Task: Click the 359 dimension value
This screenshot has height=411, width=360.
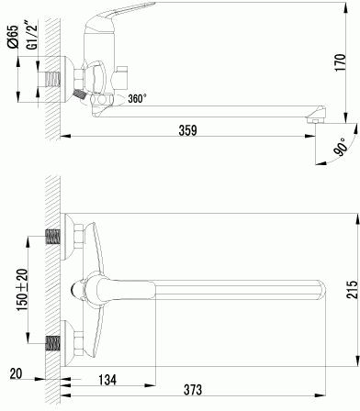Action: [187, 130]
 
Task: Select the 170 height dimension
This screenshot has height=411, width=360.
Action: [340, 62]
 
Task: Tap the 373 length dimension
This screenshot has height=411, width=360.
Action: [193, 390]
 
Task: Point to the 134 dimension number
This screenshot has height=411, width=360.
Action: [107, 380]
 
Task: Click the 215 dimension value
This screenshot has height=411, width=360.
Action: [352, 289]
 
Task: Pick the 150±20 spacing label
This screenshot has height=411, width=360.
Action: [22, 290]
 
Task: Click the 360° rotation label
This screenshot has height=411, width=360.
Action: [137, 98]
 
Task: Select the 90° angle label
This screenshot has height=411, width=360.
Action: [341, 148]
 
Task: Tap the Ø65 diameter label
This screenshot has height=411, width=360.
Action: [13, 36]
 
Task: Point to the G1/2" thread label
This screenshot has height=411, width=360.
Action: [32, 34]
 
